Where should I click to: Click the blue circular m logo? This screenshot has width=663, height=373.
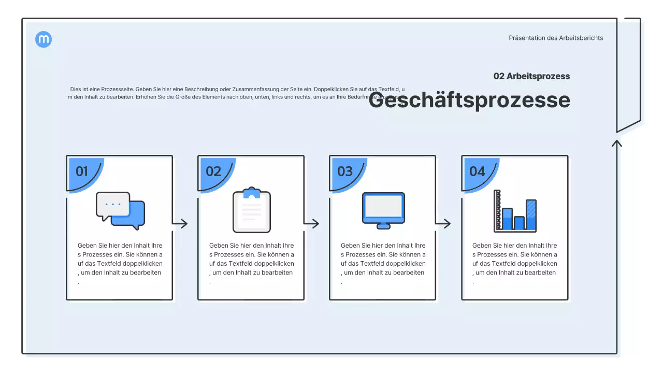pyautogui.click(x=44, y=39)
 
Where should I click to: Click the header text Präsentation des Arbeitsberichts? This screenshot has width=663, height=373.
pyautogui.click(x=556, y=38)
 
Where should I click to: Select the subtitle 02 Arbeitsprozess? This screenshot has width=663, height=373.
pyautogui.click(x=531, y=76)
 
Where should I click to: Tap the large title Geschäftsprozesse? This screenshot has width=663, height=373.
pyautogui.click(x=469, y=100)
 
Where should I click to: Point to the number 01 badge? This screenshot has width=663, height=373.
pyautogui.click(x=82, y=171)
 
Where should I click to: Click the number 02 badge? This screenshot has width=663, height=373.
pyautogui.click(x=213, y=171)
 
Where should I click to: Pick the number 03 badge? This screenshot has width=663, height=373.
pyautogui.click(x=345, y=171)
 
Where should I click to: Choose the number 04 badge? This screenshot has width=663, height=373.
pyautogui.click(x=477, y=171)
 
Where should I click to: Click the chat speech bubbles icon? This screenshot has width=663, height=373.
pyautogui.click(x=120, y=211)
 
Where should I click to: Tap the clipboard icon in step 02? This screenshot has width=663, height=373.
pyautogui.click(x=252, y=210)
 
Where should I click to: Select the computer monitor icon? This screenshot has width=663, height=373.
pyautogui.click(x=383, y=210)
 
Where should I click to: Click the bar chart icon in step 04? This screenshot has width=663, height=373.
pyautogui.click(x=515, y=211)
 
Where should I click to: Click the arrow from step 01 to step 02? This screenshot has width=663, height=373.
pyautogui.click(x=180, y=224)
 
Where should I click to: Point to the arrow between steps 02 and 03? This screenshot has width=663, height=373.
pyautogui.click(x=312, y=224)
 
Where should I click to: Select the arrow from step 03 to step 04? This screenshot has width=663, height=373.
pyautogui.click(x=443, y=224)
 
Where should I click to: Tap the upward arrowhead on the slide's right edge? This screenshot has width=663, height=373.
pyautogui.click(x=616, y=143)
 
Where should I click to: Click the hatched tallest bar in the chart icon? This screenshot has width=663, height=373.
pyautogui.click(x=531, y=214)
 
